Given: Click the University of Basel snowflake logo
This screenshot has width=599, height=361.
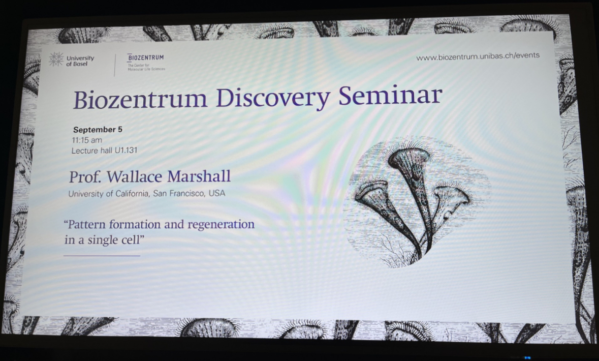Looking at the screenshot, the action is (56, 59).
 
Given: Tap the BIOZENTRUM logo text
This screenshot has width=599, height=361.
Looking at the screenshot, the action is (145, 57).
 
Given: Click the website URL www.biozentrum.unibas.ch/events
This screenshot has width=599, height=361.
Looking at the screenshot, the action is (478, 56).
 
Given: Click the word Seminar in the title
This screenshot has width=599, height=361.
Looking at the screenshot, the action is (390, 96).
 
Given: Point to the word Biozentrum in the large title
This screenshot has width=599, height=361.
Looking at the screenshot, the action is (140, 100).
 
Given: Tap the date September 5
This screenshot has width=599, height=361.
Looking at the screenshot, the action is (98, 129).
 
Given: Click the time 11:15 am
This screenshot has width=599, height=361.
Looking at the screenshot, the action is (87, 140).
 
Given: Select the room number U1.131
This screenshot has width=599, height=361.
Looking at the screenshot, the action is (125, 151).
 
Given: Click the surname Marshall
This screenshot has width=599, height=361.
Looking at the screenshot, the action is (199, 176).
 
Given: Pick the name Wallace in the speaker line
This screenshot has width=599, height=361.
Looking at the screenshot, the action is (135, 176).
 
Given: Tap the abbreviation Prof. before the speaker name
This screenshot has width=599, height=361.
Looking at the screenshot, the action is (85, 177).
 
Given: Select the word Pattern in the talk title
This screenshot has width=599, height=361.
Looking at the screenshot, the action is (85, 224).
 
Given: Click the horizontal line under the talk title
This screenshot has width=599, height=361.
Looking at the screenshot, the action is (102, 255).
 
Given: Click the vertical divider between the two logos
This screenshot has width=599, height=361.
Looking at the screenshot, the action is (115, 65).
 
